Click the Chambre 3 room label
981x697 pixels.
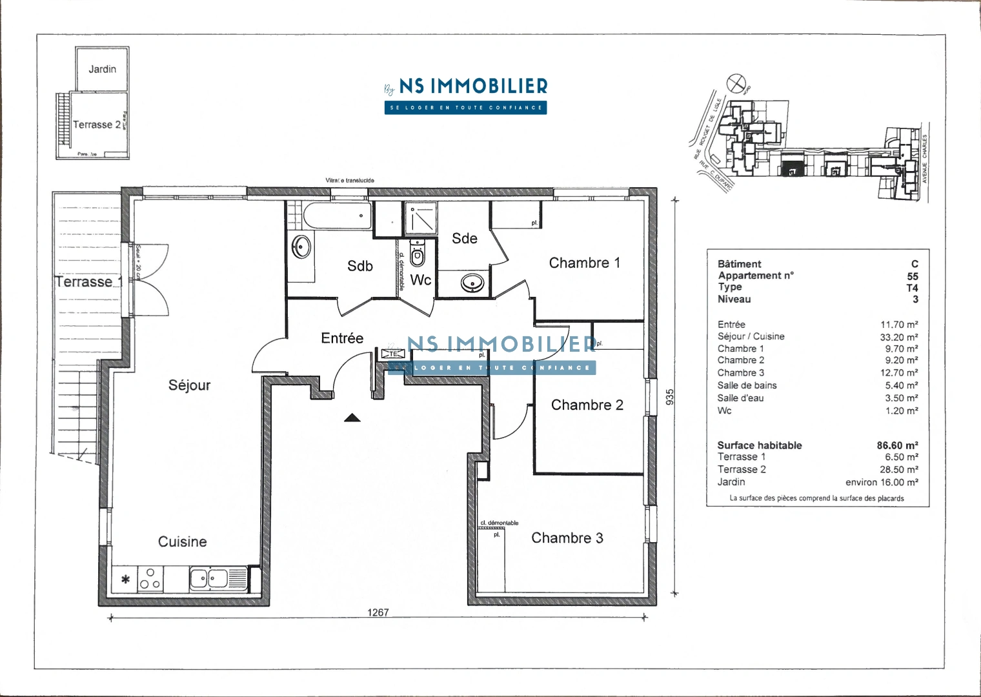click(567, 538)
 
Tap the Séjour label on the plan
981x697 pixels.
click(189, 385)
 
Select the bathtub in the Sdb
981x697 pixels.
click(338, 216)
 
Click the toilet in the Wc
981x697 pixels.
click(418, 256)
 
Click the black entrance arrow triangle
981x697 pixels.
click(352, 418)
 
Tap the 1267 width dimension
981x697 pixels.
click(378, 612)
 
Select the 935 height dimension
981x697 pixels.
click(670, 396)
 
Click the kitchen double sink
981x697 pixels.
click(209, 578)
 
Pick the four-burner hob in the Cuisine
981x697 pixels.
click(150, 579)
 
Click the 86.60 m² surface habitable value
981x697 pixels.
click(897, 445)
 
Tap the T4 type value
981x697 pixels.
click(912, 288)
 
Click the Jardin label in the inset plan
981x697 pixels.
click(103, 69)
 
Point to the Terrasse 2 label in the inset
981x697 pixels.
click(97, 125)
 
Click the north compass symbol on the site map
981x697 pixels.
click(736, 83)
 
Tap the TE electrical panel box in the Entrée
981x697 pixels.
click(392, 354)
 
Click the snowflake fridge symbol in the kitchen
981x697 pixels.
click(126, 580)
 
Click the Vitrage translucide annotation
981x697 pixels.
click(350, 181)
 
